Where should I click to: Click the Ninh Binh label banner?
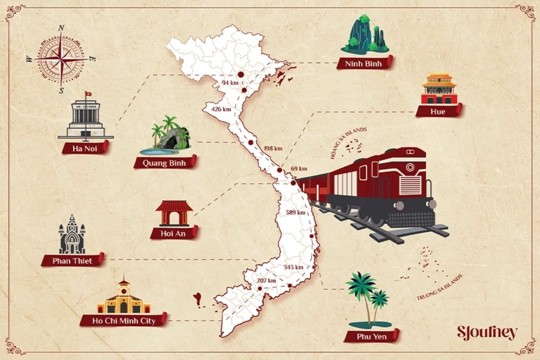[364, 63]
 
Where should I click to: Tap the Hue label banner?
[438, 111]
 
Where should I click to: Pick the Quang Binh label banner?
[165, 163]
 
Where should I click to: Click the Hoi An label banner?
[173, 233]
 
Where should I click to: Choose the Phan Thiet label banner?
[72, 261]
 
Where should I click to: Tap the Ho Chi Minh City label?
[123, 321]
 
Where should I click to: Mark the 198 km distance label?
[273, 148]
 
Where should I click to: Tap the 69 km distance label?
[299, 169]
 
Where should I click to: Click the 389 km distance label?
[295, 212]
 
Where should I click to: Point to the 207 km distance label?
[266, 281]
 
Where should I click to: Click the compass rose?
[61, 59]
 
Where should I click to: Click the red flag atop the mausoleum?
[89, 94]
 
